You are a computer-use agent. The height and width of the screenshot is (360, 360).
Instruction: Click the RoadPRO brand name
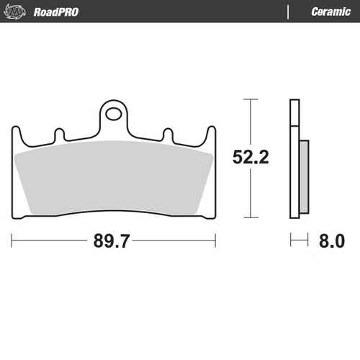click(x=56, y=12)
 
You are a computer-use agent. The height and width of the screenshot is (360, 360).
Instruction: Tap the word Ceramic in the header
click(x=330, y=12)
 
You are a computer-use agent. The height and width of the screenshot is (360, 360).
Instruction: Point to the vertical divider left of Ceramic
click(x=289, y=12)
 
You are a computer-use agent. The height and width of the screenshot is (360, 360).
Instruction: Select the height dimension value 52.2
click(x=251, y=157)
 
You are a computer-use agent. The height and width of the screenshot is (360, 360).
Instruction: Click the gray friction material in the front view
click(x=114, y=176)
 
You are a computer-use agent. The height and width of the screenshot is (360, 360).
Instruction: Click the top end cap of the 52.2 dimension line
click(x=249, y=99)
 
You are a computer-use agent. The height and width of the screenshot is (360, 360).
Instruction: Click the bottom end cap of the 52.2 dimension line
click(x=249, y=217)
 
